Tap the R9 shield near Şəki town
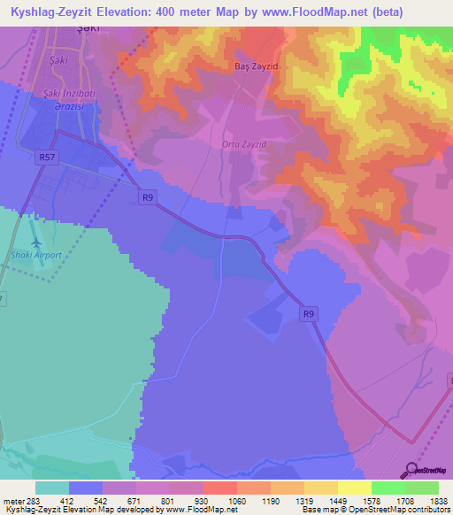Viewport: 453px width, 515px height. click(x=149, y=198)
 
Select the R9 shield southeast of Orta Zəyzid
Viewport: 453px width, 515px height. click(x=308, y=313)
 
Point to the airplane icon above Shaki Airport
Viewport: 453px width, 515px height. click(x=35, y=242)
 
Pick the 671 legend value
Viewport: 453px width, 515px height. click(x=121, y=501)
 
